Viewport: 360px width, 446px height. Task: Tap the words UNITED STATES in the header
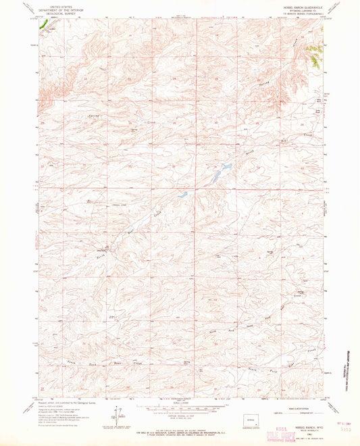click(57, 5)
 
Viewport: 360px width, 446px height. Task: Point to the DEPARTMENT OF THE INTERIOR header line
click(57, 8)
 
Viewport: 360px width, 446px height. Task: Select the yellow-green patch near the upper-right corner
click(313, 53)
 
